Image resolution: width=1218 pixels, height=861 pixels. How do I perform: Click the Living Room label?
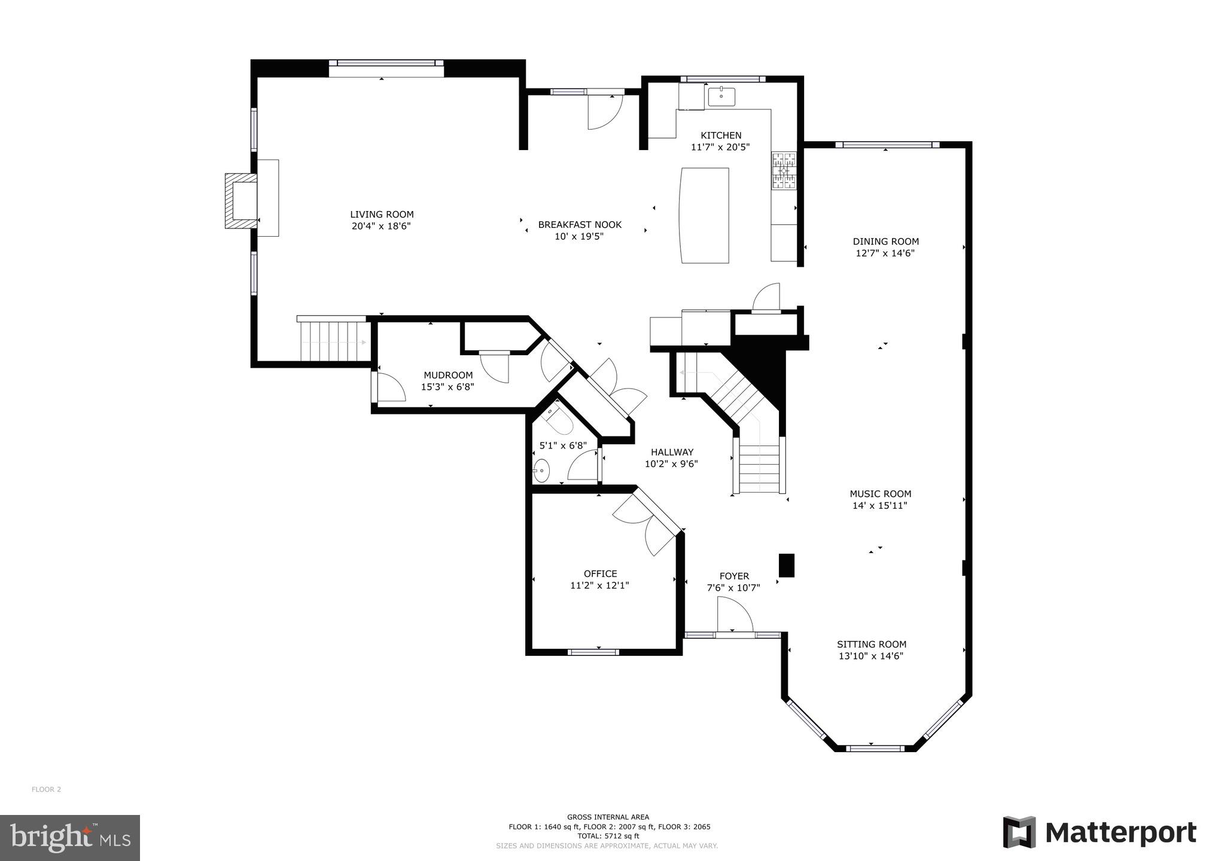[382, 214]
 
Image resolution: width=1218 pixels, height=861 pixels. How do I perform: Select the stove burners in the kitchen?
[784, 171]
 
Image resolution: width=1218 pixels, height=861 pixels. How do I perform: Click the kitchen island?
[705, 215]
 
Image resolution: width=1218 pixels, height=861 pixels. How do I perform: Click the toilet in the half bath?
[559, 419]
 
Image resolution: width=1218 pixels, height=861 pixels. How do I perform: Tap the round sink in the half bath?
[541, 471]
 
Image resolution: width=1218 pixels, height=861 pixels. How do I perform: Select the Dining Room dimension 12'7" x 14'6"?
[885, 253]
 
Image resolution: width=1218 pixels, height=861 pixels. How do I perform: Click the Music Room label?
[880, 494]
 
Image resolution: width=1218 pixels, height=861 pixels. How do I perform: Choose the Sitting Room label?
[871, 644]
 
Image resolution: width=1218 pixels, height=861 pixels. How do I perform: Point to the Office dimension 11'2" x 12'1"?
[599, 585]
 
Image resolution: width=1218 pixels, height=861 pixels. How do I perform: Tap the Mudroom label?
[448, 375]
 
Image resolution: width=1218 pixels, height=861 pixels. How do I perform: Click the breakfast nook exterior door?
[604, 111]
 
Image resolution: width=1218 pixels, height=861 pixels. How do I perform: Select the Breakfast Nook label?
[580, 225]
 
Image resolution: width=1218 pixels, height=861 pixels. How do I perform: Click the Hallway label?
[672, 452]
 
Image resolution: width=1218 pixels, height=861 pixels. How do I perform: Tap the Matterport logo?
[1100, 832]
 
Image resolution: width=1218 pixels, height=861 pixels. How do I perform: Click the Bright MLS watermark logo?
[70, 838]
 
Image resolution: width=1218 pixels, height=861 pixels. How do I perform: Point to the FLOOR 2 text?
[46, 789]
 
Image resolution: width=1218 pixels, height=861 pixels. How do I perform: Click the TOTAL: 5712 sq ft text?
[608, 836]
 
